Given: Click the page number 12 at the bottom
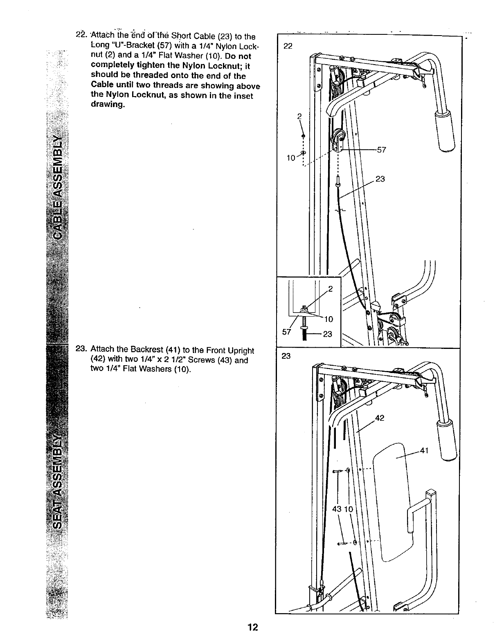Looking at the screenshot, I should (252, 627).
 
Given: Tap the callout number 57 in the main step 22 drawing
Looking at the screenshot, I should (381, 150).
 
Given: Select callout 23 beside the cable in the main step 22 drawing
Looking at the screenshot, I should (380, 179).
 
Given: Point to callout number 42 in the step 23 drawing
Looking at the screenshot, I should (380, 418).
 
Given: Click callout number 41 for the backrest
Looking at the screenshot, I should (423, 451).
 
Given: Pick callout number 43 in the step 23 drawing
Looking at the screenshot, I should (337, 509).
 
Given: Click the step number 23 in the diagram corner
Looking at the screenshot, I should (286, 356).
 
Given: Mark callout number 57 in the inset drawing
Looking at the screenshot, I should (286, 332).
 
